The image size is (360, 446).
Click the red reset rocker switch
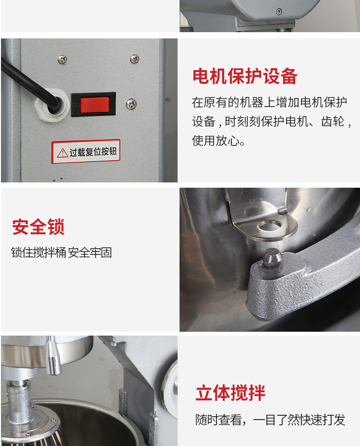pos(95,105)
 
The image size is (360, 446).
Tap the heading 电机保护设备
pos(245,76)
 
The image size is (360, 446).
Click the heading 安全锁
pos(38,227)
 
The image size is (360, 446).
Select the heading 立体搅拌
pos(230,393)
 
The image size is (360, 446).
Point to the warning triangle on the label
pos(62,153)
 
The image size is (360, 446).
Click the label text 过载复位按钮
pos(93,152)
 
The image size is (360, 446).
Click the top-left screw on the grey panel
pos(62,60)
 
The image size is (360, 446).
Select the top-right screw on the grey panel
pos(134,59)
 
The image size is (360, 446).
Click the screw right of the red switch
pos(131,104)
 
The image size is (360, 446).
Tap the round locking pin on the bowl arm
pos(273,258)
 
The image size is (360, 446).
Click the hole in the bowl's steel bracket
pos(269,226)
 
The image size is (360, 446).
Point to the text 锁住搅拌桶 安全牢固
pos(61,253)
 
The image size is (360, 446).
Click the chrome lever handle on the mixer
pos(53,356)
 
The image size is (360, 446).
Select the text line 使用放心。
pos(218,141)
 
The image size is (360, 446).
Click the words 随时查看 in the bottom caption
pos(218,420)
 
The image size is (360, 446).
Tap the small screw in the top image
pos(279,12)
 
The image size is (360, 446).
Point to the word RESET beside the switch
pos(75,105)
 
